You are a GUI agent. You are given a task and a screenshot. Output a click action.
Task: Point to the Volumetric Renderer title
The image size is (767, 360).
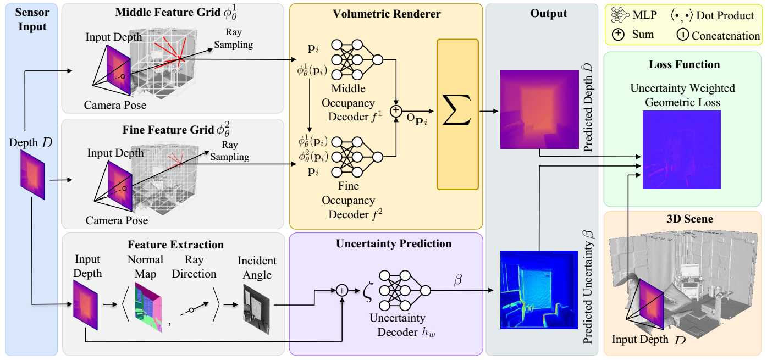tap(387, 14)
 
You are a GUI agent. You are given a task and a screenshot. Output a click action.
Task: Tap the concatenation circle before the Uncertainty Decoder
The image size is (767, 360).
tap(342, 291)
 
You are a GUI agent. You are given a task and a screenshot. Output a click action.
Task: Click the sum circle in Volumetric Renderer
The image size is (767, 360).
tap(395, 111)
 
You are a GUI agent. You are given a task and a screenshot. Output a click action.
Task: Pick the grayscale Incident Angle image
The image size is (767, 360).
tap(257, 310)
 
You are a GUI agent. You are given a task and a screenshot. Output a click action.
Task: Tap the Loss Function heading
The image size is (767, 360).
tap(684, 64)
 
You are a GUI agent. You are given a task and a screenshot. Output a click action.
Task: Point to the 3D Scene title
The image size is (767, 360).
tap(682, 219)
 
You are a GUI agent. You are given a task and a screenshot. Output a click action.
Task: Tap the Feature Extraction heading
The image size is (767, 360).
tap(175, 245)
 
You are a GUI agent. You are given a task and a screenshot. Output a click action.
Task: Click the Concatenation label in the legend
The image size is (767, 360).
tap(726, 36)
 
